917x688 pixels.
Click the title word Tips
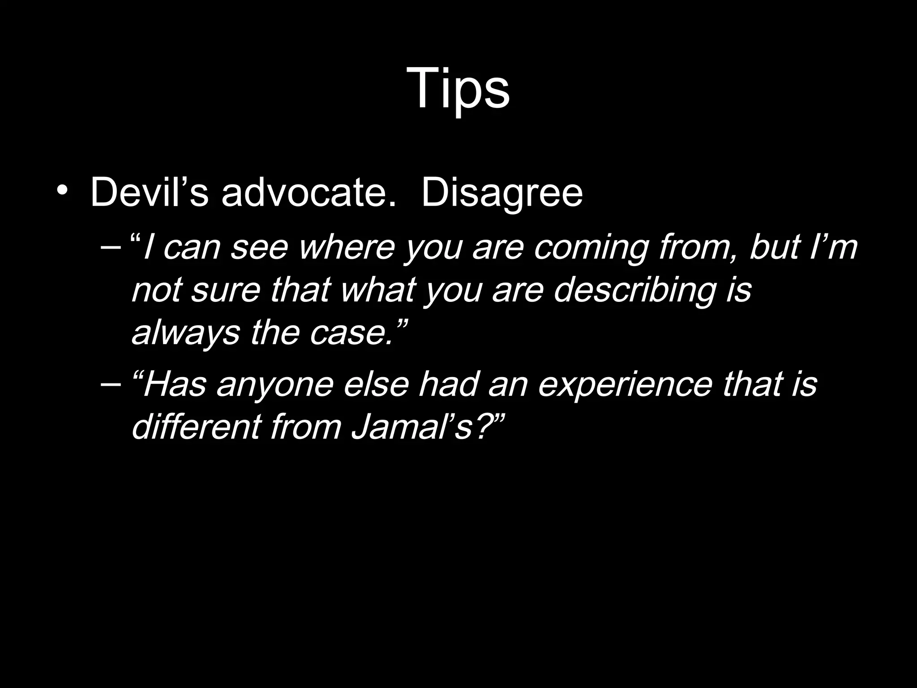pos(458,88)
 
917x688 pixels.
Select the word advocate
pos(309,193)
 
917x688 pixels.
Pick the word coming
pos(591,248)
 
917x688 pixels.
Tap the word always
pos(186,333)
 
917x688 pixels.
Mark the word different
pos(196,426)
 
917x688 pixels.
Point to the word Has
pos(174,384)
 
